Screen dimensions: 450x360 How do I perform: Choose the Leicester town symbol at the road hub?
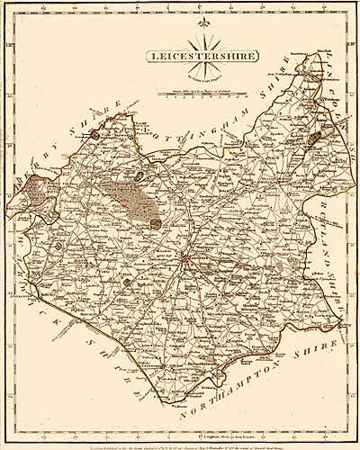click(x=184, y=262)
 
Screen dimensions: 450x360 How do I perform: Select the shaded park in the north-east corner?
click(x=314, y=140)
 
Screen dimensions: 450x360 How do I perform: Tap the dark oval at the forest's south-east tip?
click(x=157, y=223)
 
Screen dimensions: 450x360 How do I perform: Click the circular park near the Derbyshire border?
click(x=94, y=135)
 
